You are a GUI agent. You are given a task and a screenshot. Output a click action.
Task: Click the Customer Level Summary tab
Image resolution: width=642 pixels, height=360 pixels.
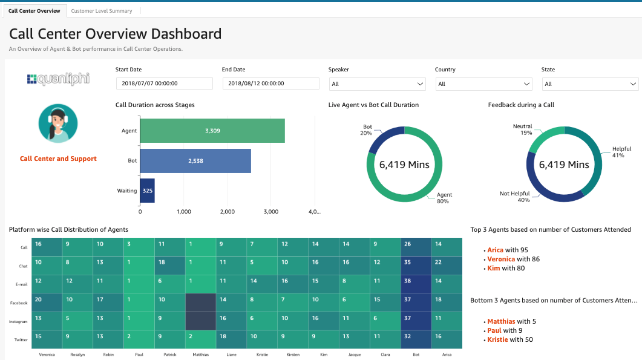(x=102, y=11)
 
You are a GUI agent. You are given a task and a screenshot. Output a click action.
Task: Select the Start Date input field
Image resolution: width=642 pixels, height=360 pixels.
(x=164, y=83)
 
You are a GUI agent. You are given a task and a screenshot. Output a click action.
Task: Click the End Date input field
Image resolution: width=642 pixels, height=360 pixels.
(x=270, y=83)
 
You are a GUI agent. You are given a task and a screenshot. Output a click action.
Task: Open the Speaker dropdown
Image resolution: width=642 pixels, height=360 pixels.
(x=378, y=84)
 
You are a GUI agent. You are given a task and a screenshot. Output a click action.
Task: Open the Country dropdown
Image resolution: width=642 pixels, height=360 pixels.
(x=484, y=84)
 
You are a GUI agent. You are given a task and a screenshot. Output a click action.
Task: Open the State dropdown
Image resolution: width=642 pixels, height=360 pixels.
(x=590, y=84)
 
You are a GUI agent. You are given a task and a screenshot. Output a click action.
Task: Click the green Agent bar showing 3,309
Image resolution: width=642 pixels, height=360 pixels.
(x=212, y=131)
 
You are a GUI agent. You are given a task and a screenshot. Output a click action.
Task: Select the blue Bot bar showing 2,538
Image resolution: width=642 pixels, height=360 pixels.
(x=195, y=161)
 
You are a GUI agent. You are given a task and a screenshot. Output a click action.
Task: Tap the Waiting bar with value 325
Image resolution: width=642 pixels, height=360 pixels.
(x=147, y=191)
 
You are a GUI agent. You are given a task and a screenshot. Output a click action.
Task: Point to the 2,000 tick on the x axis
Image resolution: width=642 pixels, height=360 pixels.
(x=228, y=212)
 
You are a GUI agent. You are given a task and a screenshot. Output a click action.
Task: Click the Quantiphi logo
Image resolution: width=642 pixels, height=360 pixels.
(x=58, y=79)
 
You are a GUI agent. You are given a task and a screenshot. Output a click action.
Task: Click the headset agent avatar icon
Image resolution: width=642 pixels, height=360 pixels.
(x=58, y=123)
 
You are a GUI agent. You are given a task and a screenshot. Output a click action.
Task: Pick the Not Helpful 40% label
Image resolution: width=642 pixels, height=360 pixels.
(x=514, y=197)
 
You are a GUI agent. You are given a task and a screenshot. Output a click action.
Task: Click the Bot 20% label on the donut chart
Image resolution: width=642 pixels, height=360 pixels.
(x=367, y=130)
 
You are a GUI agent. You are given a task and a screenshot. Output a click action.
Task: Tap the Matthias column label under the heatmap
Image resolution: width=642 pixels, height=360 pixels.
(x=201, y=354)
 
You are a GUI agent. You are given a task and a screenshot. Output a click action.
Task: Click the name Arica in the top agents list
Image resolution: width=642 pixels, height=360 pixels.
(x=495, y=250)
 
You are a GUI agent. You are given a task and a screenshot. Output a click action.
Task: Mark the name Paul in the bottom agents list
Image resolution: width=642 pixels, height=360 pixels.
(x=494, y=330)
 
